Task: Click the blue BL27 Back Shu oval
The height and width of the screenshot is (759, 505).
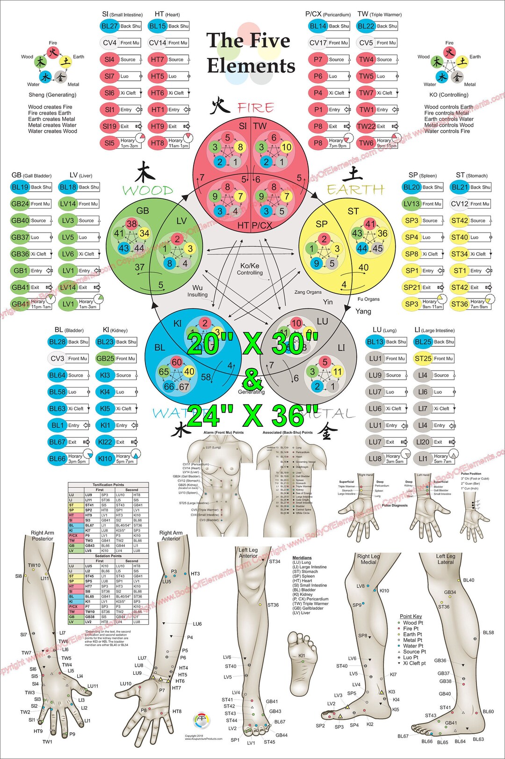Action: [109, 26]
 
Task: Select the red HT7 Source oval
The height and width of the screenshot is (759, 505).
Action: [158, 59]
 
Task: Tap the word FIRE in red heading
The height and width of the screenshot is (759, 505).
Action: [255, 108]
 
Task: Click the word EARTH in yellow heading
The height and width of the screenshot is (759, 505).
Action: [355, 190]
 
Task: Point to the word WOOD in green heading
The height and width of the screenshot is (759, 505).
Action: [148, 190]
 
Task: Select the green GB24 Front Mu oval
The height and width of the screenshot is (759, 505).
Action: [20, 204]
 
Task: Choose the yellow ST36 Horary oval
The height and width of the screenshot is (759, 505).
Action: [459, 304]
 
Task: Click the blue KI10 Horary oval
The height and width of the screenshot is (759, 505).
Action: [105, 459]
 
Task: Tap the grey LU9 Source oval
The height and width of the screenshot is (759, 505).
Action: [375, 375]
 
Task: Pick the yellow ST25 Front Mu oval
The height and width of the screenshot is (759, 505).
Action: [423, 358]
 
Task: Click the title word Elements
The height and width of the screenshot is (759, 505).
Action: [251, 66]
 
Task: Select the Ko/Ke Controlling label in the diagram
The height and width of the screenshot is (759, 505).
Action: [250, 269]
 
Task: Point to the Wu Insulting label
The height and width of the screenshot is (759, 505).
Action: [197, 291]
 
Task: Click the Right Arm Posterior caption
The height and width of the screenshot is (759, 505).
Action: [43, 535]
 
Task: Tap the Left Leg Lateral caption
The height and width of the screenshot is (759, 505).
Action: [446, 559]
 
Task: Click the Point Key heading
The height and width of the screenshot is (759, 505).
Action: [411, 616]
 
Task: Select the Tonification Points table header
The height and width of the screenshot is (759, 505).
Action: [108, 485]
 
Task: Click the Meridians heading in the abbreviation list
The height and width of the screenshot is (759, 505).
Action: [302, 558]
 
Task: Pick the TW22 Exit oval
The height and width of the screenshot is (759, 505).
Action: [366, 126]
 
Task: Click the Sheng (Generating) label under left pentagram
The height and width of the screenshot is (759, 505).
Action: [52, 95]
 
